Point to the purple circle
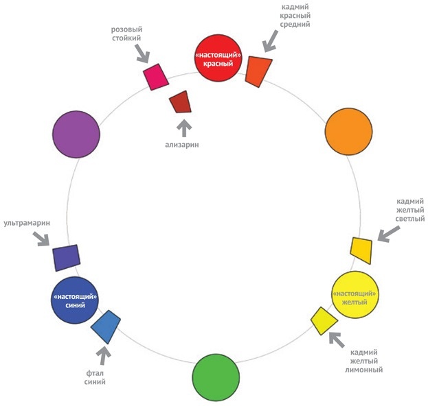click(x=76, y=134)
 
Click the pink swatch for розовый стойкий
click(x=155, y=77)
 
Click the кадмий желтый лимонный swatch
click(x=324, y=320)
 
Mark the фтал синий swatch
click(x=106, y=326)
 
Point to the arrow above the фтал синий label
click(x=102, y=355)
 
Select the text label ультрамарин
click(x=26, y=223)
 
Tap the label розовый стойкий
click(x=128, y=34)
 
